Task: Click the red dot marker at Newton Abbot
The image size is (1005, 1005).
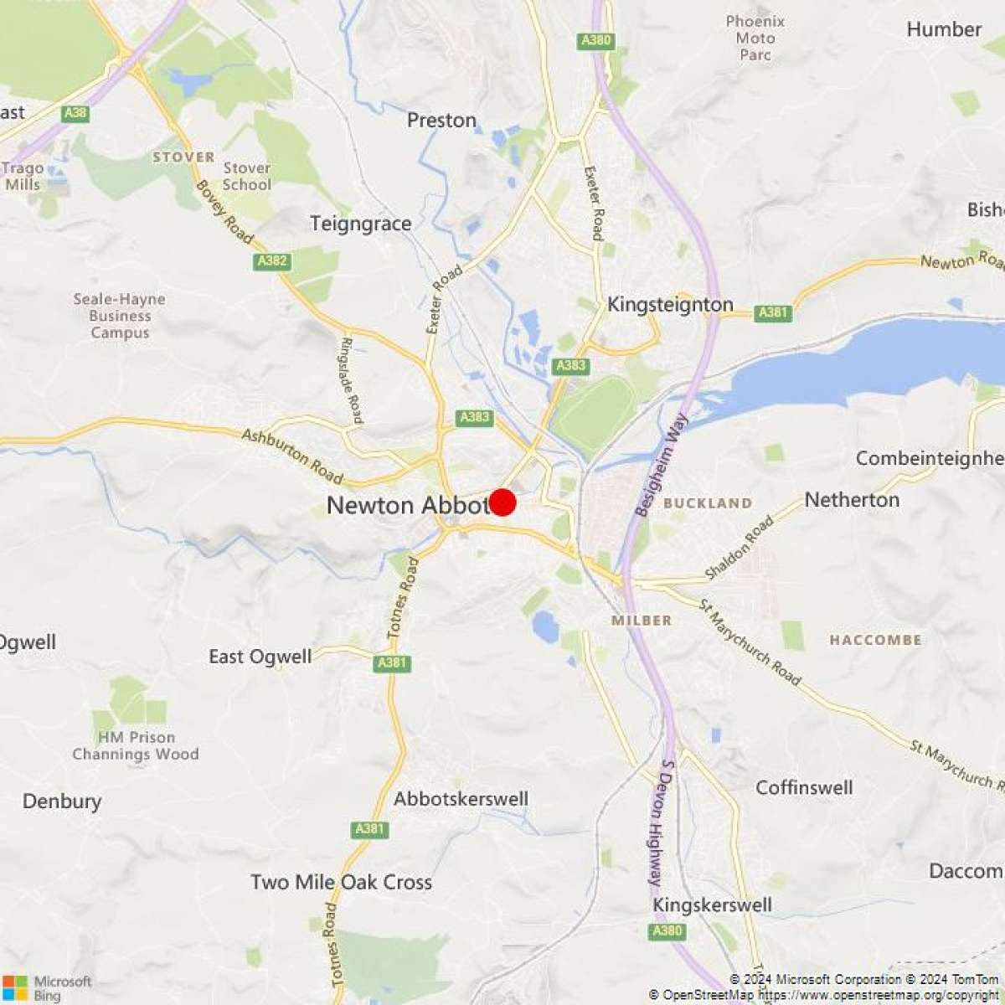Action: [502, 502]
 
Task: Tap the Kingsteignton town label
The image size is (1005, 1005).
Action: [670, 304]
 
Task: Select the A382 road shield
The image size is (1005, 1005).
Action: [272, 261]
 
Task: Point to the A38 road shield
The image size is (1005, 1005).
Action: [75, 113]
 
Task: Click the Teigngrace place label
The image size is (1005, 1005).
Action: [361, 224]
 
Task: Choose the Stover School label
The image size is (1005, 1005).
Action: [247, 177]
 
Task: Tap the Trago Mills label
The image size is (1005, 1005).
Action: [23, 177]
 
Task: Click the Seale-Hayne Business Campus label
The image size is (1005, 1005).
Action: [120, 316]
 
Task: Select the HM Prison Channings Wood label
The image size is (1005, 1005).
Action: [136, 745]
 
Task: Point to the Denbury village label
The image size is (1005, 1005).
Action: [62, 801]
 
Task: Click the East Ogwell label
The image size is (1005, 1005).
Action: [260, 657]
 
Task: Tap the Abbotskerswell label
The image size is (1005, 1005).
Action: [461, 799]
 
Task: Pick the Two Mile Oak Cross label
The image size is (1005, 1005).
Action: [342, 882]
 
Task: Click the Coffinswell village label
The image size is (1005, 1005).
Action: [804, 787]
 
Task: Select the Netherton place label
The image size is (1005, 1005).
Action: [852, 500]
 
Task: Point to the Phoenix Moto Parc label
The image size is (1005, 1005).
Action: [755, 38]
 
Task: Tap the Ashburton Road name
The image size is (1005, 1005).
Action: [292, 456]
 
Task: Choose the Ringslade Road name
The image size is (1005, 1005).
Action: [352, 379]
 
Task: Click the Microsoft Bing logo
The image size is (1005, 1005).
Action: [48, 987]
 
